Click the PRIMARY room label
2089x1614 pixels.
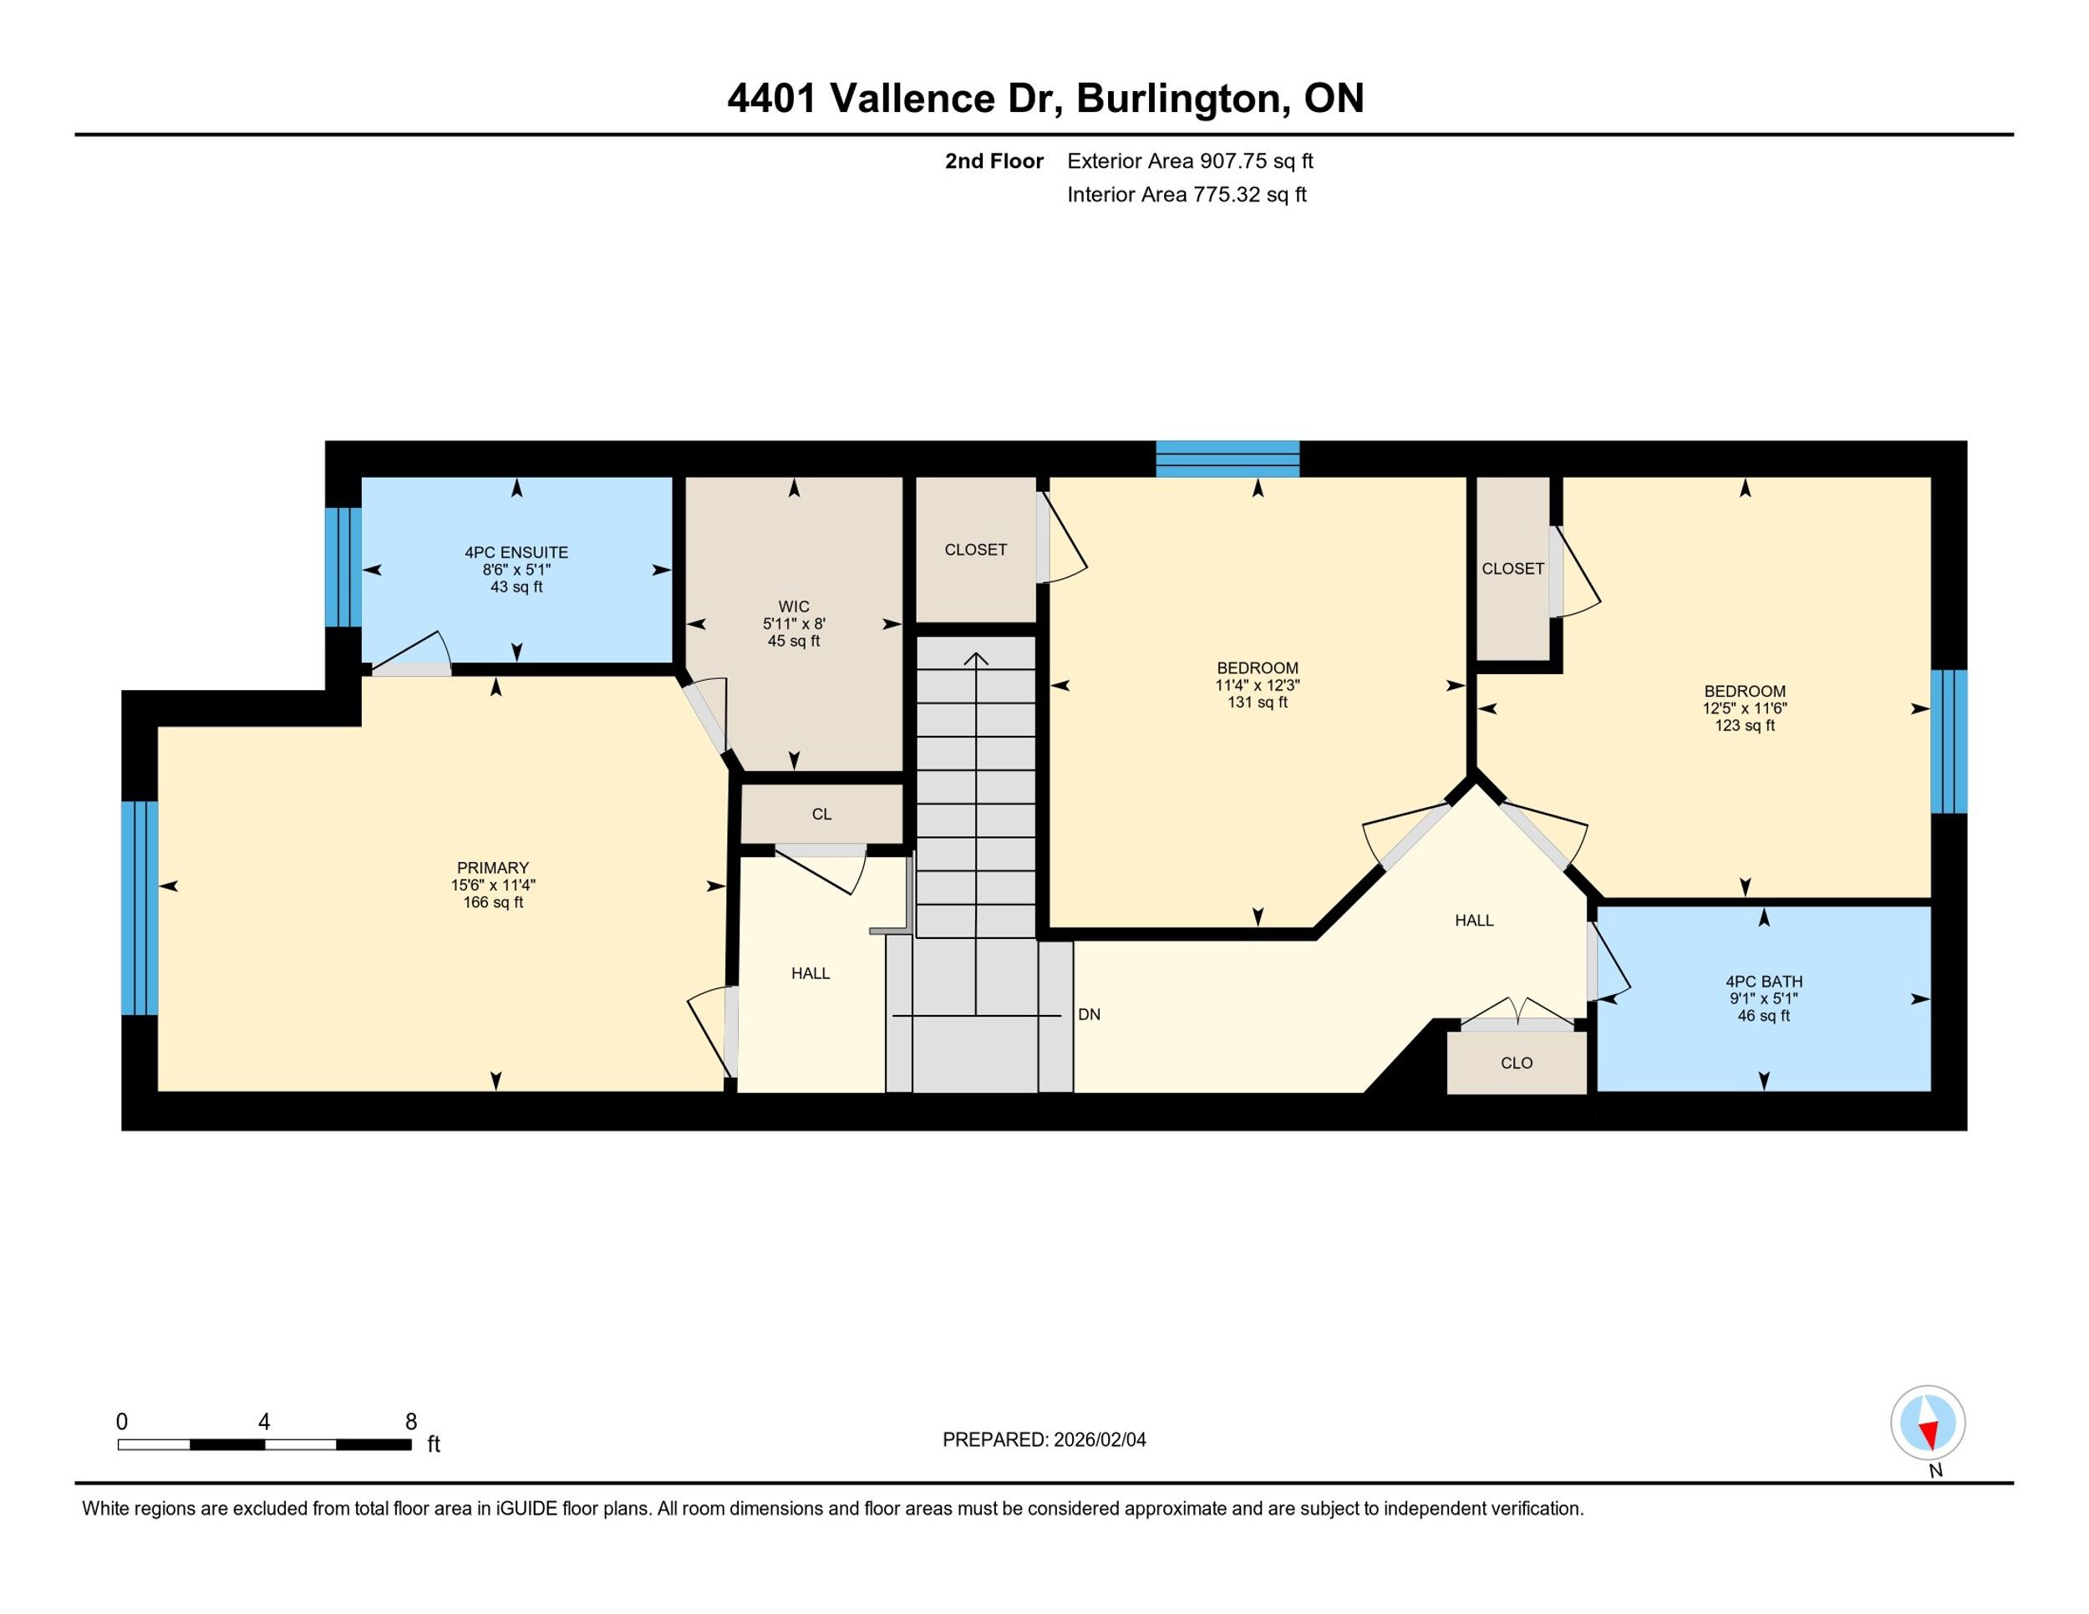pyautogui.click(x=493, y=868)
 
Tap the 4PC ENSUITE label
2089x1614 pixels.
pyautogui.click(x=516, y=553)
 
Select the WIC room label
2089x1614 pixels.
pyautogui.click(x=794, y=607)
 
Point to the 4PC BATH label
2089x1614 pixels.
pyautogui.click(x=1764, y=981)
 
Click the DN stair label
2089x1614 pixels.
pyautogui.click(x=1089, y=1014)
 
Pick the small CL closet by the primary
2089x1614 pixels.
pyautogui.click(x=821, y=815)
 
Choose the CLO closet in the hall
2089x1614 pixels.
pyautogui.click(x=1517, y=1063)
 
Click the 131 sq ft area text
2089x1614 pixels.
pyautogui.click(x=1258, y=703)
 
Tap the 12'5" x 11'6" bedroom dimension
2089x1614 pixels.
pyautogui.click(x=1745, y=708)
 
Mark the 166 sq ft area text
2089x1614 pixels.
pyautogui.click(x=493, y=902)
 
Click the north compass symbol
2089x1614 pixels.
pyautogui.click(x=1928, y=1423)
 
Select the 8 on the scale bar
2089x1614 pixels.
pyautogui.click(x=411, y=1422)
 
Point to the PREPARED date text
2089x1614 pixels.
pyautogui.click(x=1044, y=1440)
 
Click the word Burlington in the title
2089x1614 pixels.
pyautogui.click(x=1179, y=99)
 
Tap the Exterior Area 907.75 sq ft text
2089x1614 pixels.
pyautogui.click(x=1190, y=160)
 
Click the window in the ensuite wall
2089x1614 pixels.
pyautogui.click(x=343, y=568)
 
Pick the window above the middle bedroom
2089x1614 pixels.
pyautogui.click(x=1227, y=459)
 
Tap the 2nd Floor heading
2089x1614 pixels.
pyautogui.click(x=994, y=160)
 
